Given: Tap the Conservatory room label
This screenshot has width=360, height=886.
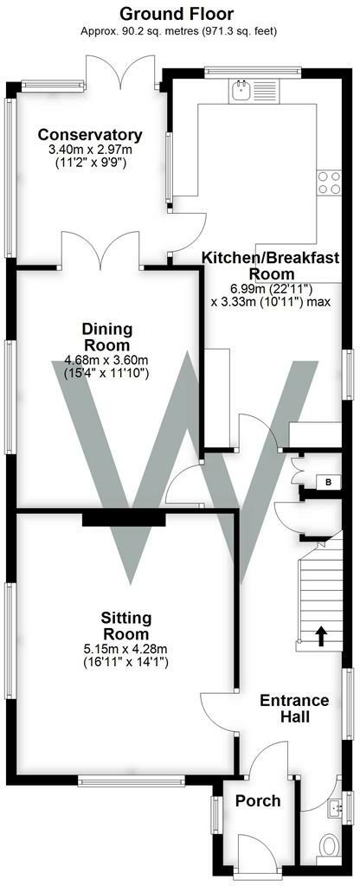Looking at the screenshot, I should point(89,135).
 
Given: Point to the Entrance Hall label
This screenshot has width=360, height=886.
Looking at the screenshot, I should point(294,709).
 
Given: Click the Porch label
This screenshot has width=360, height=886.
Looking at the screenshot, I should point(258,800).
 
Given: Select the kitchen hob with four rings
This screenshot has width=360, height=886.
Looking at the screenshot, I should point(329,182).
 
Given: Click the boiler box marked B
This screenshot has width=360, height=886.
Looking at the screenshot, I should point(327,482).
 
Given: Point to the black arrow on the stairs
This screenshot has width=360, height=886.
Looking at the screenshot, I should point(321,637).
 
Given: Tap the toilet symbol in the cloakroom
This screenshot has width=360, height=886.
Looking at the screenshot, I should point(329,844).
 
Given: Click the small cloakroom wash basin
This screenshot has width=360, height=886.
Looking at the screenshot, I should point(336,809).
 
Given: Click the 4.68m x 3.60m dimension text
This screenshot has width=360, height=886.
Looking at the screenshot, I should point(107,361).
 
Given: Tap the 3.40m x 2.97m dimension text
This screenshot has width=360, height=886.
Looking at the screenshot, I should point(89,150).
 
